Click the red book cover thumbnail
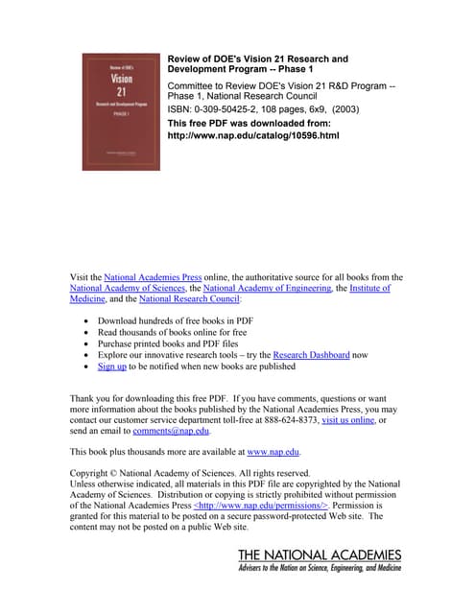(121, 111)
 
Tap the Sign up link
(112, 366)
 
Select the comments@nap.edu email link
(171, 432)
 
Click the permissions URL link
(261, 504)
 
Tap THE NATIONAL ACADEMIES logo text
(320, 555)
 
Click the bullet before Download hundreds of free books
(88, 319)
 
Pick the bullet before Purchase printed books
(88, 342)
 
